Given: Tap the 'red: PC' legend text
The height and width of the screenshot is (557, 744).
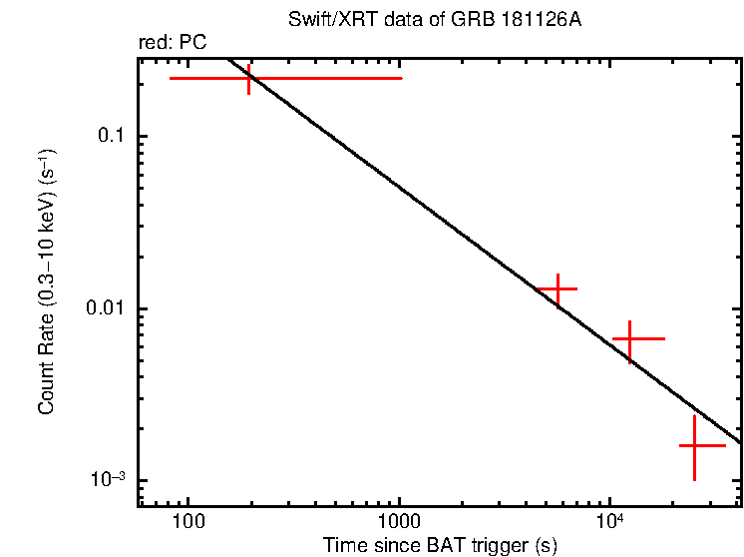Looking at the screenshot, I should (173, 44).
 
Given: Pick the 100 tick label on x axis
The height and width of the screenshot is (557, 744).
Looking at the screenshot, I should (187, 521).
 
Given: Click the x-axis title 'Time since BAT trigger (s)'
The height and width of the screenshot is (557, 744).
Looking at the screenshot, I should (440, 545).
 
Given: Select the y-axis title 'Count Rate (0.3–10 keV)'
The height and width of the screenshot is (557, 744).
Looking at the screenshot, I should (47, 282).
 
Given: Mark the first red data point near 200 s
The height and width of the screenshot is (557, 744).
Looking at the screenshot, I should (249, 78).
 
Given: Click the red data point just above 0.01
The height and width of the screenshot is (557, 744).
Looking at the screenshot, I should (558, 289).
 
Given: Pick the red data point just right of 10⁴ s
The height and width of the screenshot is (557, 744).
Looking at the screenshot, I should (630, 339).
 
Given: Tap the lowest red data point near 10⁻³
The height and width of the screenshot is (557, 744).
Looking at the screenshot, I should (694, 446).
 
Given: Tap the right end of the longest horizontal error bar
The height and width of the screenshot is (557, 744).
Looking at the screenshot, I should (401, 78).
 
